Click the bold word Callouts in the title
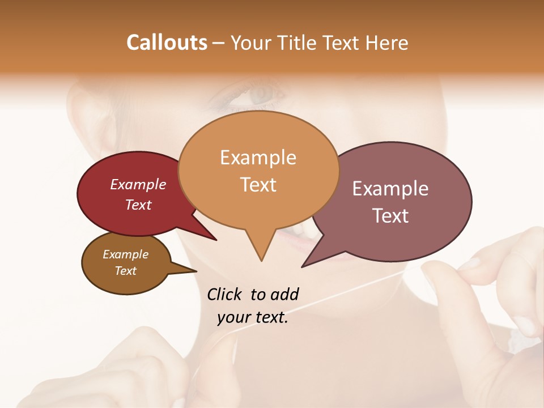[167, 42]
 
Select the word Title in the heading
[296, 42]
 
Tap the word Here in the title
[387, 42]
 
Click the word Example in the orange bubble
[258, 158]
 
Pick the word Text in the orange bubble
[258, 185]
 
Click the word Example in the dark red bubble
[138, 184]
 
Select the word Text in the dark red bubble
[138, 205]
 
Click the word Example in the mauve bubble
[390, 189]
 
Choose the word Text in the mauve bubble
[391, 215]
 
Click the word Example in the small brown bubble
[125, 254]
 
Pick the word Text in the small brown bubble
[125, 270]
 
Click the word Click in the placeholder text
[224, 294]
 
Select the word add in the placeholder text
[284, 294]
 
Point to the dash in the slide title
[219, 43]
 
